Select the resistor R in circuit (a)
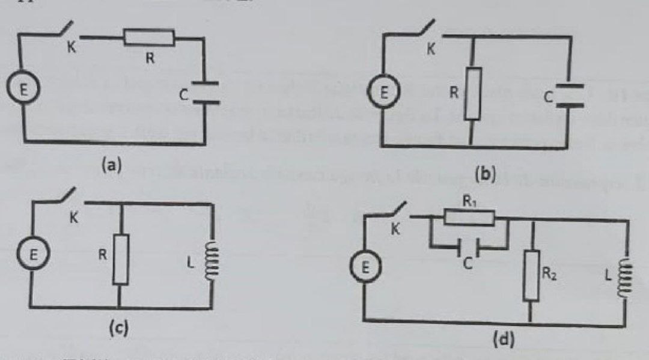[x=149, y=38]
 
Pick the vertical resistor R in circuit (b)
[x=473, y=93]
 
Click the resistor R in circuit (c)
[x=121, y=260]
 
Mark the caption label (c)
[x=118, y=329]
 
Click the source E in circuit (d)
[x=363, y=270]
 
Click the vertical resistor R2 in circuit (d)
[x=531, y=276]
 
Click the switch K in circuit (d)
[x=397, y=215]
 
